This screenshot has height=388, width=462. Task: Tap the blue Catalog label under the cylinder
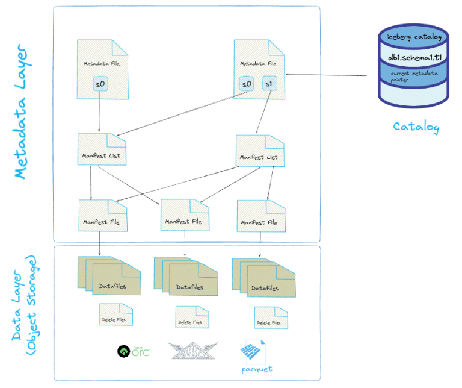416,127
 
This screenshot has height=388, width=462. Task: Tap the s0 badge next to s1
246,84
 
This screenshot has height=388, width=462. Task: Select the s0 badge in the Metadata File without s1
100,84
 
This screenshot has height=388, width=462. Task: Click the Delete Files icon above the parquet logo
269,318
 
